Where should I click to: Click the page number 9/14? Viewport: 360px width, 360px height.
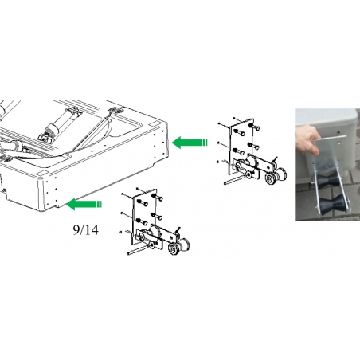tap(85, 230)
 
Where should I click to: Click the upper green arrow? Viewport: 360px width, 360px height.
tap(190, 143)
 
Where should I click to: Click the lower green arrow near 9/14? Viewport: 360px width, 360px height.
tap(84, 204)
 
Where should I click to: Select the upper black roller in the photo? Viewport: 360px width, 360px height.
tap(327, 182)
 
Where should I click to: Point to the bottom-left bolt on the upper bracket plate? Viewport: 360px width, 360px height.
tap(239, 151)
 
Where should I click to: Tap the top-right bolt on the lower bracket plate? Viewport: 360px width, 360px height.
tap(157, 198)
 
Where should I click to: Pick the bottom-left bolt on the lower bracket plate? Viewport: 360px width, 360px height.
tap(143, 221)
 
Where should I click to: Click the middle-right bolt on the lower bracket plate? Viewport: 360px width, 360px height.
tap(157, 216)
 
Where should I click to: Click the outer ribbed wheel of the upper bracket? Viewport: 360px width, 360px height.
tap(271, 178)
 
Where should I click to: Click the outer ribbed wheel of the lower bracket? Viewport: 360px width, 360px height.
tap(174, 249)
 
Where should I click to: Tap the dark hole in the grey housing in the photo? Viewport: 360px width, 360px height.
tap(338, 131)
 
